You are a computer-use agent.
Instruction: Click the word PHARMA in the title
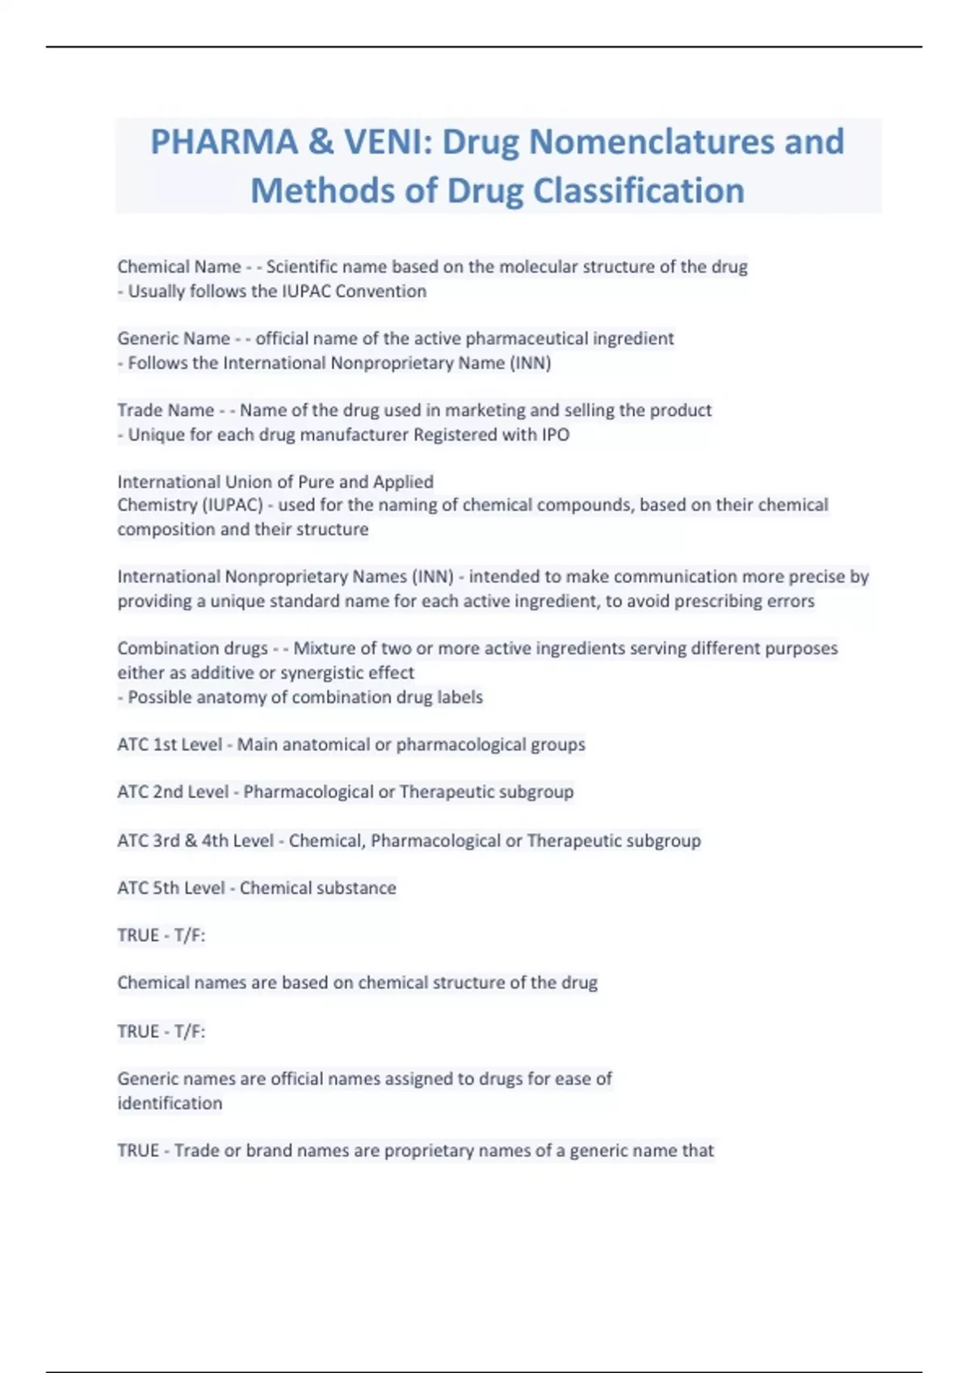point(224,142)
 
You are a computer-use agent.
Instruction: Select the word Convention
point(380,291)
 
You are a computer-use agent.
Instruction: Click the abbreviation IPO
point(556,435)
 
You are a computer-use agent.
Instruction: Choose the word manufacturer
point(354,435)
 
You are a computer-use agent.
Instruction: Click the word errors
point(791,601)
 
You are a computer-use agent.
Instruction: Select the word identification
point(170,1103)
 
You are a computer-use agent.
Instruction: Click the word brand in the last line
point(269,1151)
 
